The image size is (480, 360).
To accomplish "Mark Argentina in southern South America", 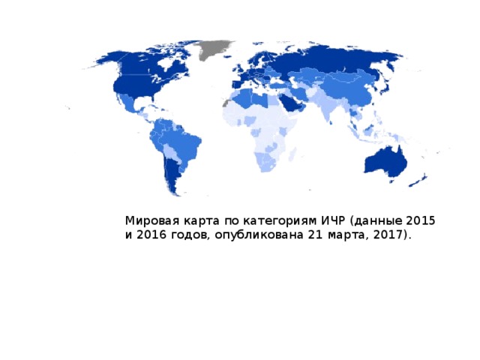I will (171, 174).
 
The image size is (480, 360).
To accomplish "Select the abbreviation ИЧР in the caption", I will (332, 221).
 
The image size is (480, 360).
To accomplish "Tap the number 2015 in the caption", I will (420, 221).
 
